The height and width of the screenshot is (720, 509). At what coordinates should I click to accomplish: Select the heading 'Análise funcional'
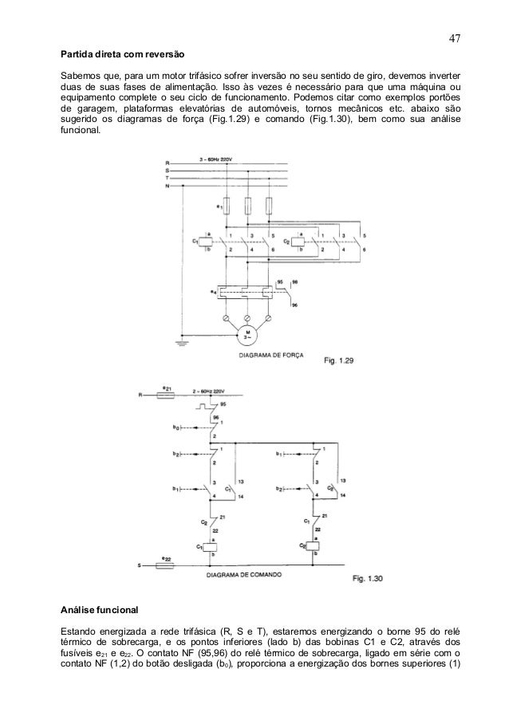[101, 611]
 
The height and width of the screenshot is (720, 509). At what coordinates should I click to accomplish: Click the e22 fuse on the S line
[166, 566]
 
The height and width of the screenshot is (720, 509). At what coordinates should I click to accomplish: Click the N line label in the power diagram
[167, 186]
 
